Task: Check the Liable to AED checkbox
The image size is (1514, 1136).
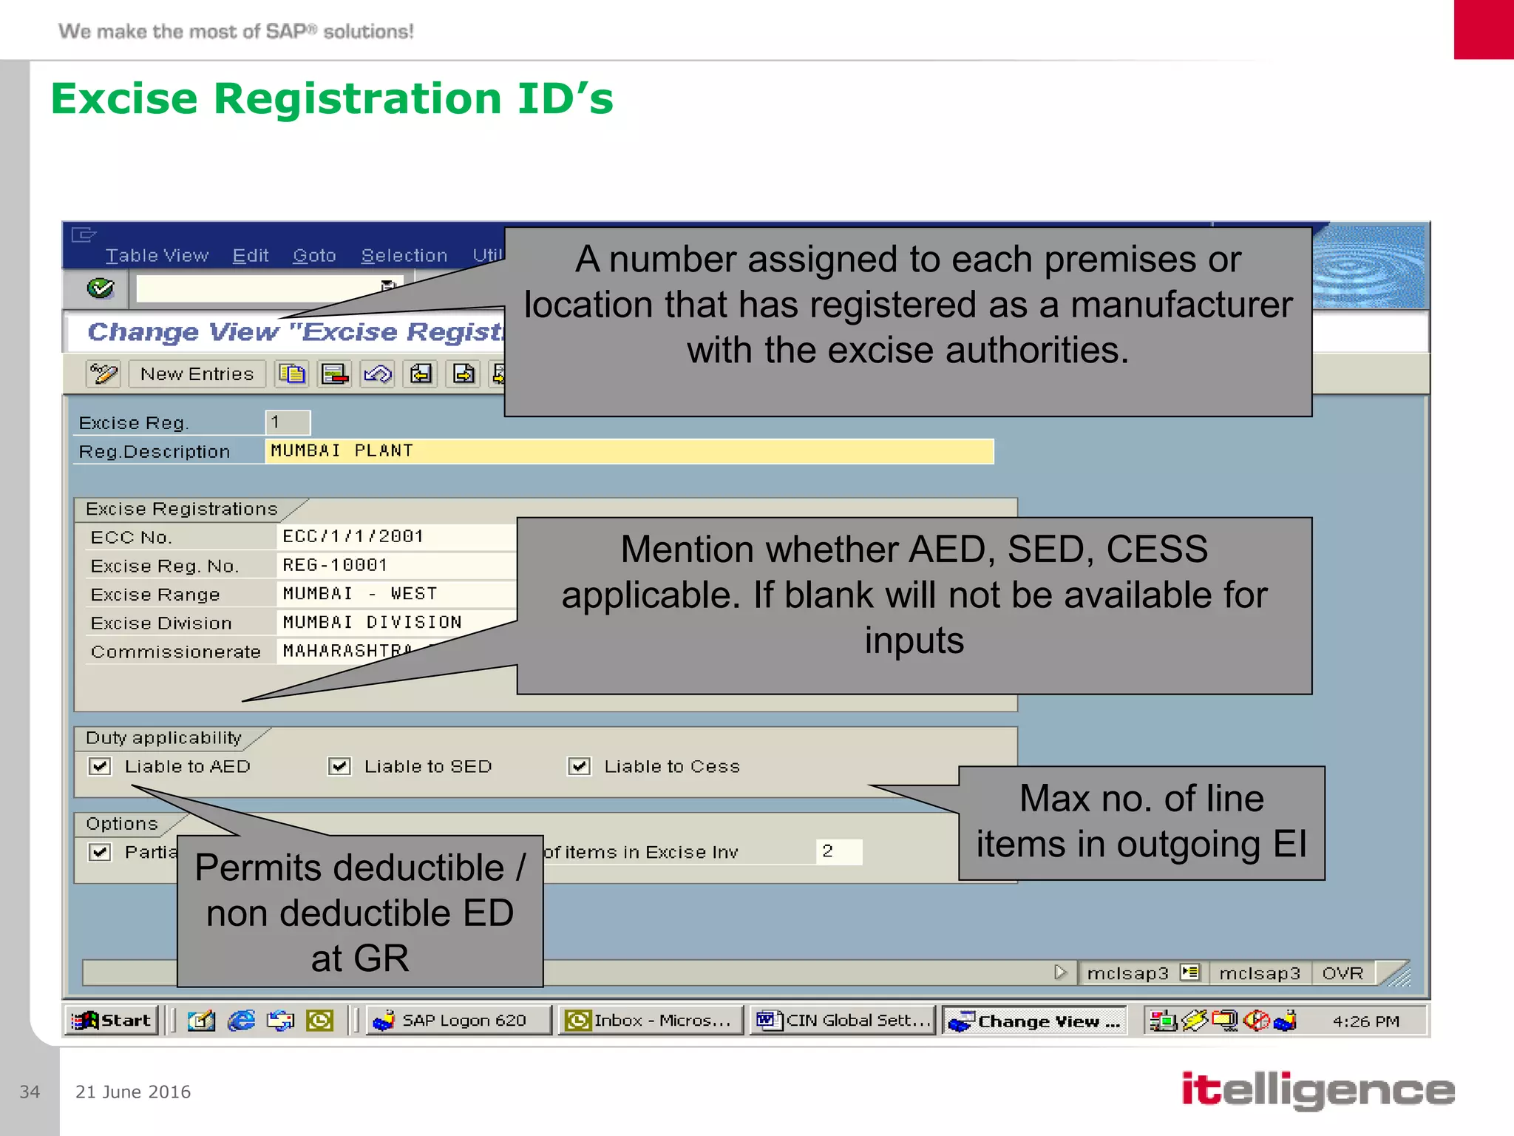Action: [100, 766]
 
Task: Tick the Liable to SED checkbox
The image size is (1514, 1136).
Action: [339, 766]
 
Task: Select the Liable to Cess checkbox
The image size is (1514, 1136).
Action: [579, 766]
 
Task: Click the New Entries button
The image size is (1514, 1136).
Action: [197, 374]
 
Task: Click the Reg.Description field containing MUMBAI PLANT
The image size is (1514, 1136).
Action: [628, 451]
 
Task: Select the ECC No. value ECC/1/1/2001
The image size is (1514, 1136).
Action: [353, 536]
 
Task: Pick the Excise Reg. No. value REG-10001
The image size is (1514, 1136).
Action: [336, 565]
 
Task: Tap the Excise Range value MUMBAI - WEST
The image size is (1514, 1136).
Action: [361, 594]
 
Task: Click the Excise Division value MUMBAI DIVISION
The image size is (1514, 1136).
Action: [373, 623]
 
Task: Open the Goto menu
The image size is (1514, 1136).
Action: [314, 256]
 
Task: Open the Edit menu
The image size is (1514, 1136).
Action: [251, 256]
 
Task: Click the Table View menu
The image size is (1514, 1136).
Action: [157, 256]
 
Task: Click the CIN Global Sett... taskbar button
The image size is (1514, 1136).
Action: [843, 1021]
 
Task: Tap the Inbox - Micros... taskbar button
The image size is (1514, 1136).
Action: [651, 1021]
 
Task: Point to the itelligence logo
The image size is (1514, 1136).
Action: [1318, 1090]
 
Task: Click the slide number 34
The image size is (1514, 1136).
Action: [30, 1092]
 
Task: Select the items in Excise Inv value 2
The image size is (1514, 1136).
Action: [838, 851]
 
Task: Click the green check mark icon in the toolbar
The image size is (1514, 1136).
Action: [101, 288]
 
